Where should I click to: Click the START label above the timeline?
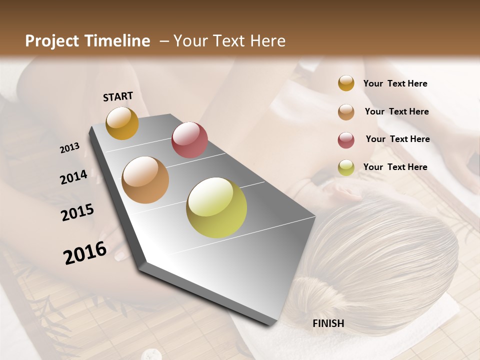point(118,96)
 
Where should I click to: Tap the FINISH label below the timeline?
point(328,323)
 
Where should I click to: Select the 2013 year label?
point(69,148)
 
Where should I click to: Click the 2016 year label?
point(85,253)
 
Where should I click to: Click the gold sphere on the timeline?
point(122,123)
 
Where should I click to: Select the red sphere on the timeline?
point(189,140)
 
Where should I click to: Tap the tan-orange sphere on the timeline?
point(145,180)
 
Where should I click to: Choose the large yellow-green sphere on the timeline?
point(216,207)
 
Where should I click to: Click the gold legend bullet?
point(346,83)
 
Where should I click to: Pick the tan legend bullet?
point(346,112)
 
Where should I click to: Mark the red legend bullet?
point(346,140)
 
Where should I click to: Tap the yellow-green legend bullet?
point(346,168)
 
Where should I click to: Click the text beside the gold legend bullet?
point(395,83)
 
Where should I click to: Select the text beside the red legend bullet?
point(397,139)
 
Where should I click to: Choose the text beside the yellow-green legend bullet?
point(395,167)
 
